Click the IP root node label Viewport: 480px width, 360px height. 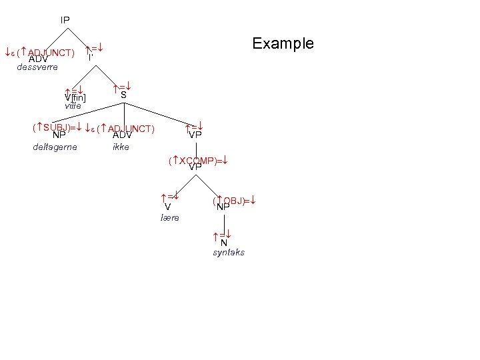pos(65,20)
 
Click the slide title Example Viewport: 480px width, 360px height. pos(283,43)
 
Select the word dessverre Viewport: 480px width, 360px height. pos(37,67)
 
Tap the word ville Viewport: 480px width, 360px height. pos(73,106)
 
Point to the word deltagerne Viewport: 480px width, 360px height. pos(55,147)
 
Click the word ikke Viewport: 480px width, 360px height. pos(121,147)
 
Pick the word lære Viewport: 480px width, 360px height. pos(170,218)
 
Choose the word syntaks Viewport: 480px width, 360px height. pos(229,253)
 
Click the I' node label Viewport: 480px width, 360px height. pos(91,57)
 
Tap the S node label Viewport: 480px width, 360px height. pos(123,95)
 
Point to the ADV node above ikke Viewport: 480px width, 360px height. pos(122,135)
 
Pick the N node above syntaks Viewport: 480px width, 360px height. pos(224,243)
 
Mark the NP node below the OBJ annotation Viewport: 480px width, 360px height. pos(223,207)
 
